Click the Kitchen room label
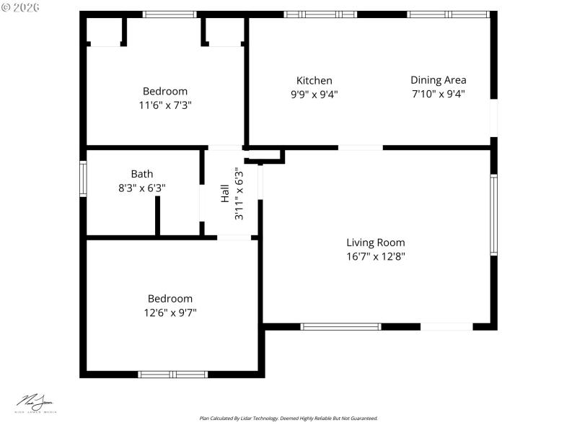[x=314, y=81]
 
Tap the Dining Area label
[x=438, y=80]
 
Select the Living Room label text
[x=375, y=242]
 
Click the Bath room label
[x=141, y=174]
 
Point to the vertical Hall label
[x=224, y=193]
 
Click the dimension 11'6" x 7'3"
[x=164, y=105]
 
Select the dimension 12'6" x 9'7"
[x=169, y=312]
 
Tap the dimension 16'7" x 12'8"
[x=375, y=256]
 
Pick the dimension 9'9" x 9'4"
[x=314, y=94]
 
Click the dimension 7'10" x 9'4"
[x=438, y=94]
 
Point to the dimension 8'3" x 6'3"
[x=141, y=188]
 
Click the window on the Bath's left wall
[x=83, y=179]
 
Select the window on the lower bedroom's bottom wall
[x=173, y=374]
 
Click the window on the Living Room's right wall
[x=494, y=215]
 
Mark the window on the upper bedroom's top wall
[x=169, y=14]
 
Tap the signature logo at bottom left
[x=35, y=403]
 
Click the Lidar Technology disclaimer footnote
[x=288, y=419]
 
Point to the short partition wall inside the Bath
[x=157, y=215]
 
